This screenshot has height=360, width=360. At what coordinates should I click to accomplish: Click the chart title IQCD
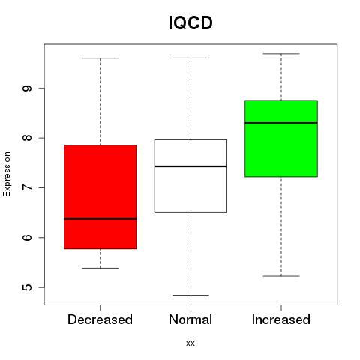coord(190,22)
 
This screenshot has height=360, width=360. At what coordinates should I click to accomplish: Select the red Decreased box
coord(100,196)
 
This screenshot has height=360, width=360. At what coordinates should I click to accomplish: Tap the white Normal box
coord(190,176)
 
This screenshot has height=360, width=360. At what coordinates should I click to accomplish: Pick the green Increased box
coord(281,139)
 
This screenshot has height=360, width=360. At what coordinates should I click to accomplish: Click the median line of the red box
coord(100,219)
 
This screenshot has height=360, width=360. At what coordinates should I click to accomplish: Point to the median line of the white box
coord(190,166)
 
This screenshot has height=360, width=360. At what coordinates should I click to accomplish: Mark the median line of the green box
coord(281,123)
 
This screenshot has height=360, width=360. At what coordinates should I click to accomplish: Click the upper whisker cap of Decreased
coord(100,58)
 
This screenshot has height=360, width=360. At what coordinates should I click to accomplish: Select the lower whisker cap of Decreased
coord(100,268)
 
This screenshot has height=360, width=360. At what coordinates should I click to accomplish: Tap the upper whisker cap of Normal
coord(190,58)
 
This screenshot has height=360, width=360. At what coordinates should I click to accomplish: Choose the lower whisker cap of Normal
coord(190,295)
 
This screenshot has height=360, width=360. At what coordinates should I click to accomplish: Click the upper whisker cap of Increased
coord(281,54)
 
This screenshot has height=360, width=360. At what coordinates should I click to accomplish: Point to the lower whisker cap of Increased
coord(281,276)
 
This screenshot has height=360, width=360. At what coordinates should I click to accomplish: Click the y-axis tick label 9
coord(27,88)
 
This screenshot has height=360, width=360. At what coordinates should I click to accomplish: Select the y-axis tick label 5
coord(27,287)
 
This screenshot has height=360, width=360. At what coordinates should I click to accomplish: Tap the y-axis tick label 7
coord(27,187)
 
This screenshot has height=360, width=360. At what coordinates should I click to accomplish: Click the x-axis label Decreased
coord(100,319)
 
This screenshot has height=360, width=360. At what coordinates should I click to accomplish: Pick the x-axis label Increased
coord(281,319)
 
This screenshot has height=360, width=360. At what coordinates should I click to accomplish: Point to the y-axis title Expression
coord(7,174)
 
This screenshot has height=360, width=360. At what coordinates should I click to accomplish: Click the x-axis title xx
coord(190,343)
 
